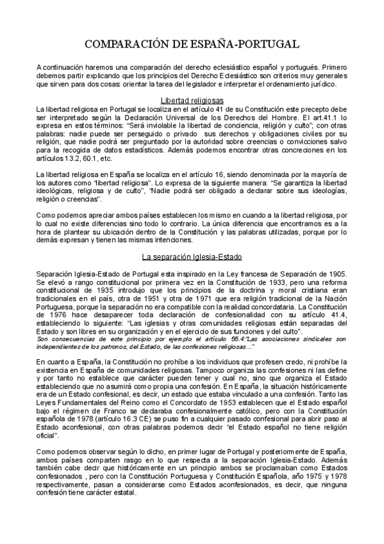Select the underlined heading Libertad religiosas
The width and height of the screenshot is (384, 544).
(192, 101)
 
